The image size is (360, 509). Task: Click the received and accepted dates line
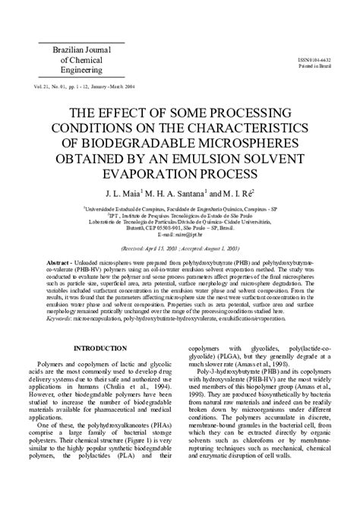point(179,247)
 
